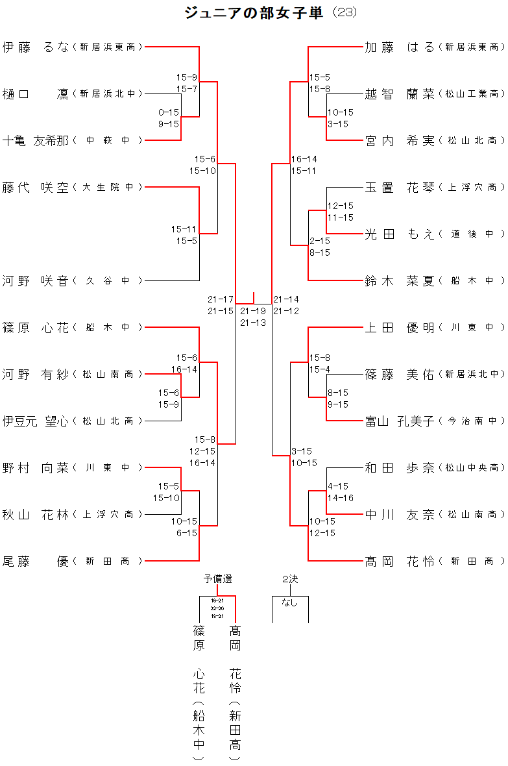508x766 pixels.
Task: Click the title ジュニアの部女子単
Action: click(254, 12)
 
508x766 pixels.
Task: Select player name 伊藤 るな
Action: click(35, 47)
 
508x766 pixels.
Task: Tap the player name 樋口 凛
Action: click(35, 93)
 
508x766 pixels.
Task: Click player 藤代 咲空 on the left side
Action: click(35, 187)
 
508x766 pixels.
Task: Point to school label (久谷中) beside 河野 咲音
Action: click(108, 280)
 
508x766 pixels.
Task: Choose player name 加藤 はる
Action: click(400, 47)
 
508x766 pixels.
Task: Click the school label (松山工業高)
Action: click(472, 93)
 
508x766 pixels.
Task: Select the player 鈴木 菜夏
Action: click(400, 280)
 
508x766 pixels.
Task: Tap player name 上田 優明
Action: click(400, 327)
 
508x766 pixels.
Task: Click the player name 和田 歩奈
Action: click(400, 467)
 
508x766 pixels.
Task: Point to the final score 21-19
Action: click(253, 311)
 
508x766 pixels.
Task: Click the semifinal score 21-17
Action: click(221, 299)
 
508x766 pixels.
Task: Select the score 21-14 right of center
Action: click(286, 299)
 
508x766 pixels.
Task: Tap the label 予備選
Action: click(217, 578)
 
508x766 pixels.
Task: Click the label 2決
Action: click(289, 578)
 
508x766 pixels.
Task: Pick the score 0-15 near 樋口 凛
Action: click(169, 112)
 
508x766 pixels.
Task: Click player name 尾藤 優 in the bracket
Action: click(35, 561)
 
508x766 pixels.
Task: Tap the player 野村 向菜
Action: click(35, 467)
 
